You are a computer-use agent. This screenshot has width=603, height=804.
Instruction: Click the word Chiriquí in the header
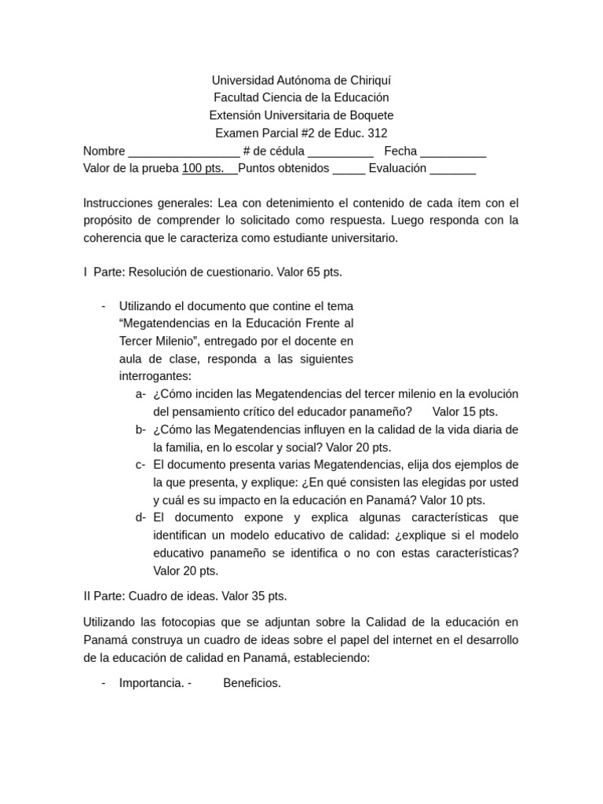pyautogui.click(x=367, y=80)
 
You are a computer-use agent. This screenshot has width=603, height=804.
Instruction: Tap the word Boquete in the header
pyautogui.click(x=371, y=115)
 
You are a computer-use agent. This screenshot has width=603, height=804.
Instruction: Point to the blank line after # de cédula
pyautogui.click(x=341, y=152)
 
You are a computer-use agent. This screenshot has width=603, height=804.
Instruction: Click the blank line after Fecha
pyautogui.click(x=453, y=152)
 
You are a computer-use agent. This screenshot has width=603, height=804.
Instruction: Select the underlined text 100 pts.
pyautogui.click(x=203, y=168)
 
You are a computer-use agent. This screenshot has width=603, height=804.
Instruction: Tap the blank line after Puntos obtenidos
pyautogui.click(x=349, y=169)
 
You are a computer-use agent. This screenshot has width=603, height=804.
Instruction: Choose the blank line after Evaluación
pyautogui.click(x=452, y=169)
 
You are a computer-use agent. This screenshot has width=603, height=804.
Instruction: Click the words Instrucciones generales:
pyautogui.click(x=147, y=203)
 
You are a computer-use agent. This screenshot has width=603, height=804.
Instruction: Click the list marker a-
pyautogui.click(x=141, y=394)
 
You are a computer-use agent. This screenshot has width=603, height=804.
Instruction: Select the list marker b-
pyautogui.click(x=141, y=429)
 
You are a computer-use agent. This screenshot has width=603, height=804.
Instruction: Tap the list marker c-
pyautogui.click(x=141, y=464)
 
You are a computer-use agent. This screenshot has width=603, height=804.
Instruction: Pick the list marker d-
pyautogui.click(x=141, y=517)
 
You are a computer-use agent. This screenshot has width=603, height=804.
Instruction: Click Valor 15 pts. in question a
pyautogui.click(x=465, y=411)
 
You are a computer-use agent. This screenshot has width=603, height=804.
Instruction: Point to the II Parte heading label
pyautogui.click(x=103, y=596)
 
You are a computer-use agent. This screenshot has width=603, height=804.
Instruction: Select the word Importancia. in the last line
pyautogui.click(x=152, y=683)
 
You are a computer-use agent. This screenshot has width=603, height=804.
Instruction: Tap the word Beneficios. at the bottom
pyautogui.click(x=252, y=683)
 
